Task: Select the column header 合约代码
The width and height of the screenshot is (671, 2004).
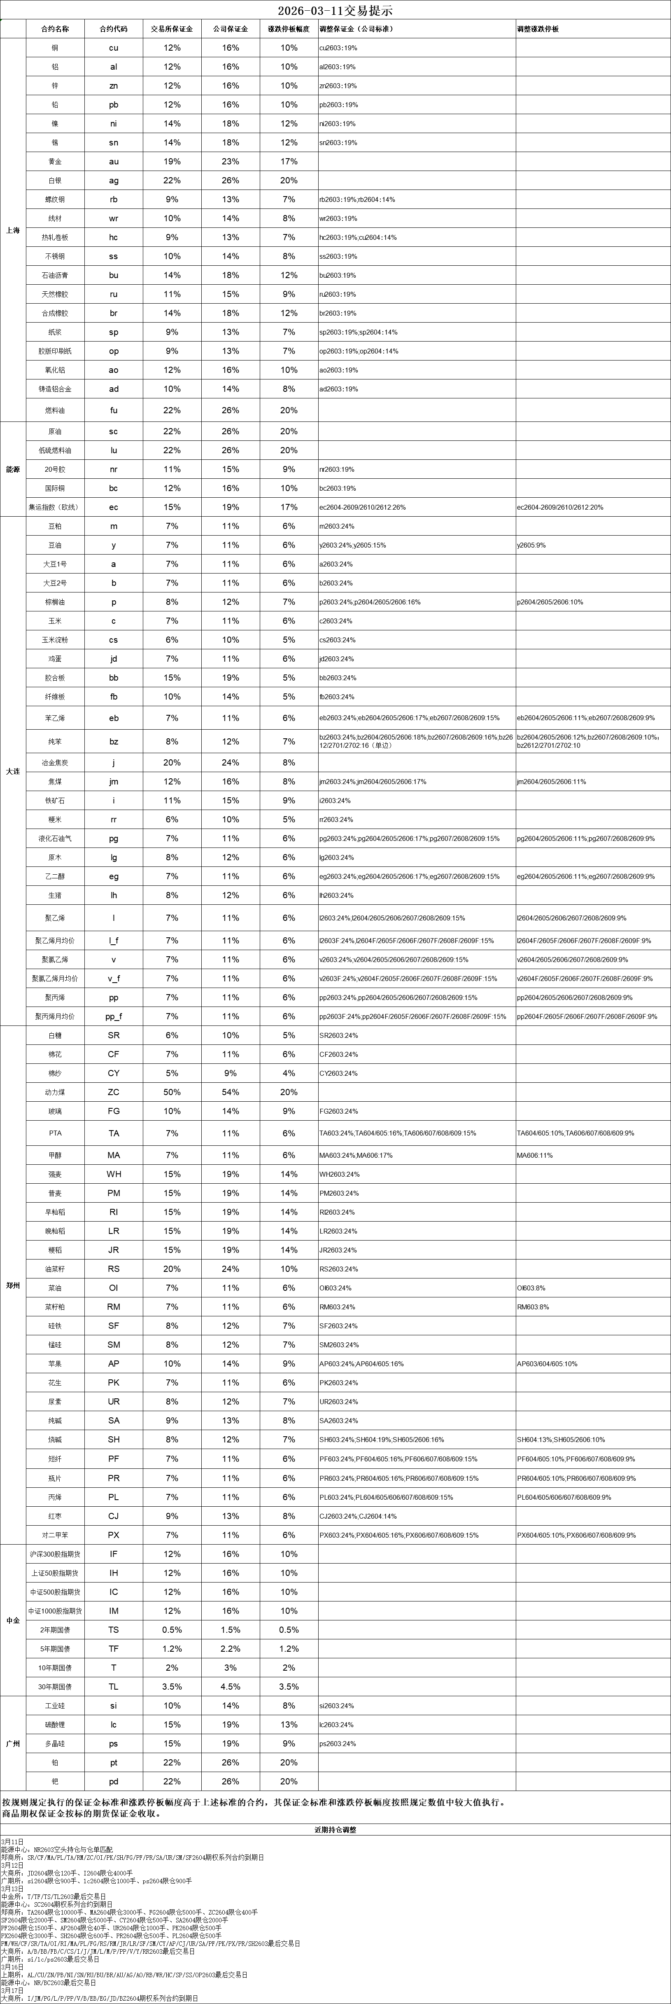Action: pyautogui.click(x=114, y=29)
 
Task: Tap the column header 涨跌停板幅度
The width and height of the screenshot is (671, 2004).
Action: pyautogui.click(x=289, y=29)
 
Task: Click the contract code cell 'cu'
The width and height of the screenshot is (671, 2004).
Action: pyautogui.click(x=114, y=47)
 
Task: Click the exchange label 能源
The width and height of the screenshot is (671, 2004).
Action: pyautogui.click(x=12, y=470)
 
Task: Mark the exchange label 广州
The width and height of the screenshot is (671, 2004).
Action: pyautogui.click(x=12, y=1743)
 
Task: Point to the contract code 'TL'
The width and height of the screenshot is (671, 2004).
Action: pyautogui.click(x=114, y=1687)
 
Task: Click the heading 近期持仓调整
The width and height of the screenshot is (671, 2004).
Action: pyautogui.click(x=335, y=1831)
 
